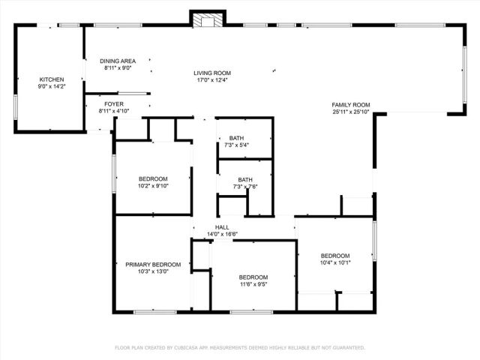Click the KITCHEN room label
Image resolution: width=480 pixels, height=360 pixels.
pyautogui.click(x=52, y=79)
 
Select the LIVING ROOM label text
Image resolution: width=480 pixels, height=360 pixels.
pyautogui.click(x=211, y=73)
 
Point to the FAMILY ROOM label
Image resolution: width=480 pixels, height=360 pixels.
pyautogui.click(x=351, y=104)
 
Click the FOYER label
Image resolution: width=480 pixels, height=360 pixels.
pyautogui.click(x=114, y=104)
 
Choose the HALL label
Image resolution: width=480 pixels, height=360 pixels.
pyautogui.click(x=222, y=228)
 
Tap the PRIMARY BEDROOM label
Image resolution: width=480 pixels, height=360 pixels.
pyautogui.click(x=153, y=264)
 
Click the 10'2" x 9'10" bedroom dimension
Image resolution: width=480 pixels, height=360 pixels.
pyautogui.click(x=153, y=185)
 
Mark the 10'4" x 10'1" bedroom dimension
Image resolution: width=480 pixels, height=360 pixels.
pyautogui.click(x=335, y=262)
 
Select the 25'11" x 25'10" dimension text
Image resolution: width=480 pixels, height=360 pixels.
pyautogui.click(x=351, y=112)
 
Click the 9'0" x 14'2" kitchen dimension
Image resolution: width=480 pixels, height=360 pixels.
pyautogui.click(x=52, y=87)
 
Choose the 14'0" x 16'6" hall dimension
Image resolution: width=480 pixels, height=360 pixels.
pyautogui.click(x=222, y=235)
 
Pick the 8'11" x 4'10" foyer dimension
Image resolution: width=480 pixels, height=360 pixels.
pyautogui.click(x=114, y=111)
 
